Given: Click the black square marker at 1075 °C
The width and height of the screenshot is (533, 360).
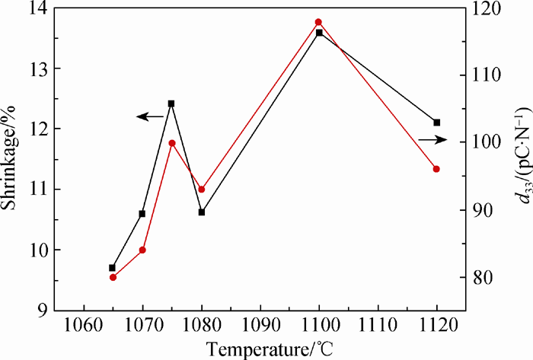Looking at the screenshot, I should click(x=171, y=104).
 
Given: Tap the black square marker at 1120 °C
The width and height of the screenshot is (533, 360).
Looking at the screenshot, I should click(x=436, y=123).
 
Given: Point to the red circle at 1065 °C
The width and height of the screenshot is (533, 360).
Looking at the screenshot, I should click(x=113, y=277).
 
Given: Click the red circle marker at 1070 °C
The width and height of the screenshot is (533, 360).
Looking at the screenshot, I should click(x=142, y=250).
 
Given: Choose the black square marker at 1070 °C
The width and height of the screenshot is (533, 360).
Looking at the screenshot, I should click(x=142, y=214).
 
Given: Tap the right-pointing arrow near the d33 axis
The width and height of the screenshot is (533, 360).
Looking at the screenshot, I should click(x=431, y=140).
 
